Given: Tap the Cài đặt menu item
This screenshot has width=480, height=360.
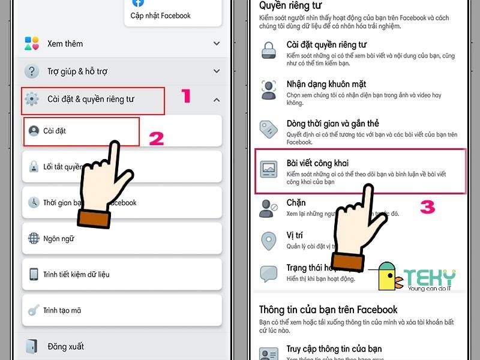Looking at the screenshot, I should coord(55,130).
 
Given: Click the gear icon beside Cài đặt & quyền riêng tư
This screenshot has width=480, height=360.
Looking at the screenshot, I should coord(32,99).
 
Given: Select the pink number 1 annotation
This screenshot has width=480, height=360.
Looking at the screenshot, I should coord(186,96).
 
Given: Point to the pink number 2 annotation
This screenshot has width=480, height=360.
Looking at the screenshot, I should coord(157,139).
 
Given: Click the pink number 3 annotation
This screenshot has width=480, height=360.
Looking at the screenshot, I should coord(427,208).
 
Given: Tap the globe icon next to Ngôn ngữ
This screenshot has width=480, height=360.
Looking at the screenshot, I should coord(34,238).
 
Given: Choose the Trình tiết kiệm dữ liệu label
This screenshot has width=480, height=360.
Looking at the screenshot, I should coord(76,274).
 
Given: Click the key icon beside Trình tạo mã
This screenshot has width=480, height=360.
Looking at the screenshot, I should coord(34,310).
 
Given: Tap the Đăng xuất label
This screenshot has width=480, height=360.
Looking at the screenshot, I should coord(66,346).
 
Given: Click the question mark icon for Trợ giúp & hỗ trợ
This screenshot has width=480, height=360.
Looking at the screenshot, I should coord(31,71).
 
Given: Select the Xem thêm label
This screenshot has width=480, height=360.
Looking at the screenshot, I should coord(65,43).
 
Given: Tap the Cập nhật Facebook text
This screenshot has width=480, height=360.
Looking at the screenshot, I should coord(161,15).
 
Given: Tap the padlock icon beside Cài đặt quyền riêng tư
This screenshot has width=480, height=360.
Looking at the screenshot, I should coord(268,50).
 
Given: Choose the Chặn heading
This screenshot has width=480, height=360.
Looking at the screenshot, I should coord(296,203).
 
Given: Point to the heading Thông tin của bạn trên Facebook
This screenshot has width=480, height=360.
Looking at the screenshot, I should coord(328,310).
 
